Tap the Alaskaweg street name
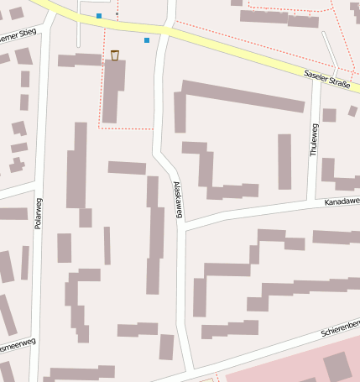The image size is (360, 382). [178, 199]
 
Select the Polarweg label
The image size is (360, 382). [39, 215]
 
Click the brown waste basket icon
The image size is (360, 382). [114, 55]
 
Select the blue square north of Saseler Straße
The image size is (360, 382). [99, 16]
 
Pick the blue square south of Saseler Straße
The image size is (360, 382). [147, 39]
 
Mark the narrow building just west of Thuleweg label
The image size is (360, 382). [284, 160]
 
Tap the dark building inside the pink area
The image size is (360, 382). [337, 366]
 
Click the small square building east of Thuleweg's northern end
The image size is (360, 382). [330, 114]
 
